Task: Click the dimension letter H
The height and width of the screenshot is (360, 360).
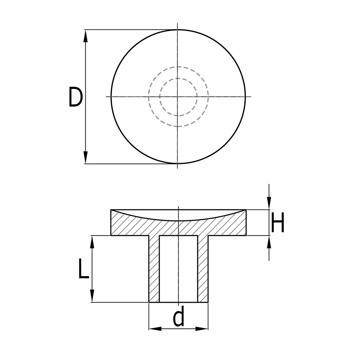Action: [x=278, y=223]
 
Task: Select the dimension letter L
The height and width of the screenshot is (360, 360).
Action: [x=83, y=270]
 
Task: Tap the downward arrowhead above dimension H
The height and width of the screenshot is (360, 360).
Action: [x=269, y=204]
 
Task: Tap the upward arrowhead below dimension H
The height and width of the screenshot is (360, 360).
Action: [x=269, y=242]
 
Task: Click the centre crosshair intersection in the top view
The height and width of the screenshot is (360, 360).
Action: [x=177, y=96]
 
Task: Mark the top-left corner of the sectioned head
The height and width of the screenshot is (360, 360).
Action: [x=111, y=210]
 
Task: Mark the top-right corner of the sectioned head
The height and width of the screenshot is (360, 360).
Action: [x=246, y=210]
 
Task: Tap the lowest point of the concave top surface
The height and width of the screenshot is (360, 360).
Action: [x=178, y=220]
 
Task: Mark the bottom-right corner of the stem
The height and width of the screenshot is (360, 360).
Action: [x=208, y=302]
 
